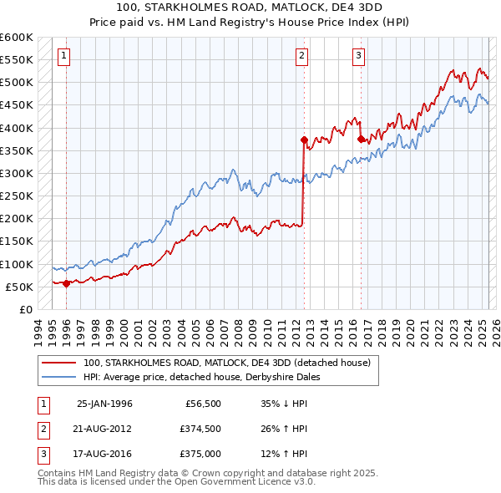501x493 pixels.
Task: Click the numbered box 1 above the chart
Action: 64,56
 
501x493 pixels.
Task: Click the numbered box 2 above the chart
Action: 301,56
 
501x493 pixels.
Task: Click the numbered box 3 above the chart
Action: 358,56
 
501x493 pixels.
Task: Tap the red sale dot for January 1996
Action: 67,282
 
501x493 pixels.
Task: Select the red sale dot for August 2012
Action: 304,140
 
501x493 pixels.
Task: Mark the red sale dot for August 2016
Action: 361,139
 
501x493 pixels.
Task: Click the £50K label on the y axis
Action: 20,287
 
